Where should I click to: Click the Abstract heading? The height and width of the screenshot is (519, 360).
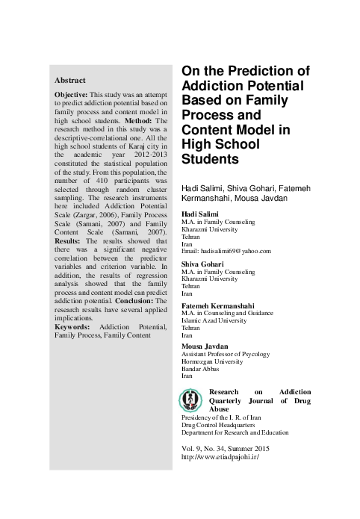pos(70,80)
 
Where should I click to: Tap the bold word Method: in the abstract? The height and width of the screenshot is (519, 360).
pos(140,119)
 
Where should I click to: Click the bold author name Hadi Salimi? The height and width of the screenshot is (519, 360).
pos(201,214)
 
